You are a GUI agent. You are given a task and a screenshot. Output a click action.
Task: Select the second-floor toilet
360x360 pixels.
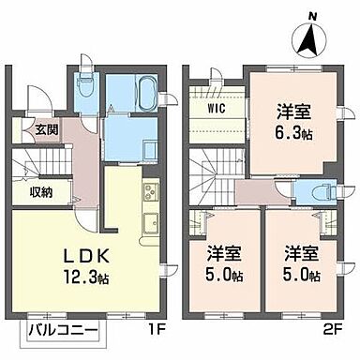point(316,187)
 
